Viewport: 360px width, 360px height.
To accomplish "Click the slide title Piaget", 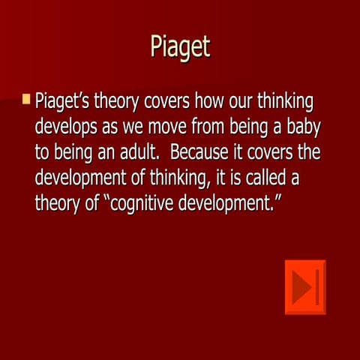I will pos(179,46).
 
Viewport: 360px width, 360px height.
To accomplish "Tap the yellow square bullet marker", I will pos(27,99).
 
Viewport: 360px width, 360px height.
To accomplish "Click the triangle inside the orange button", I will pos(301,287).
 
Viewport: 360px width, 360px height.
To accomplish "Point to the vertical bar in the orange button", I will pos(318,287).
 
